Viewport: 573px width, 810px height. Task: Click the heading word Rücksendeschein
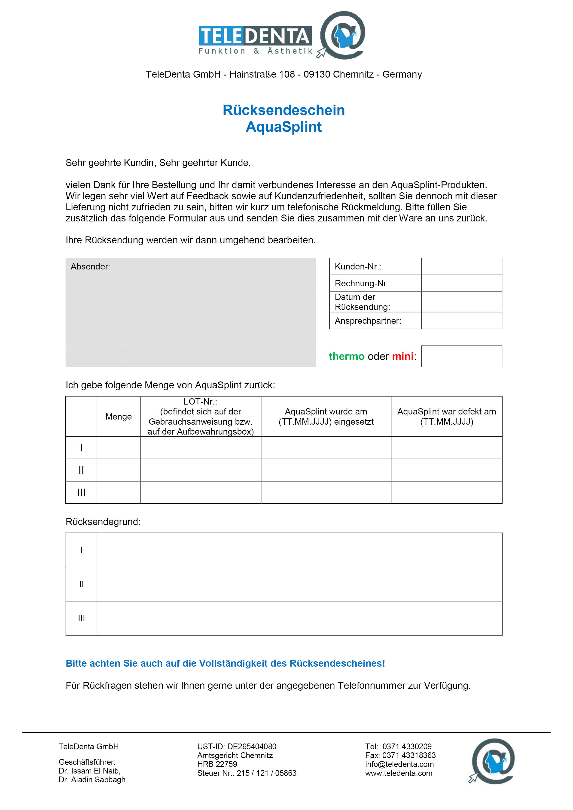click(x=283, y=110)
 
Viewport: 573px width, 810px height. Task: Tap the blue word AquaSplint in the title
click(x=283, y=127)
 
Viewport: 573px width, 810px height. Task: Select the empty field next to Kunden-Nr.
click(x=461, y=266)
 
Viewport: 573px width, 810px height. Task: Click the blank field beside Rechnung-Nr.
click(x=461, y=283)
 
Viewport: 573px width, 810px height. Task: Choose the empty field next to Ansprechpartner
click(x=461, y=321)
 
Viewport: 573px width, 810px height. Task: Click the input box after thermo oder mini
click(x=461, y=356)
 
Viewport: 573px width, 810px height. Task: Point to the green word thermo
click(x=346, y=356)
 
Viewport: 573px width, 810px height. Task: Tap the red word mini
click(x=402, y=356)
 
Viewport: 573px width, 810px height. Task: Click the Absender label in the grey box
click(x=90, y=267)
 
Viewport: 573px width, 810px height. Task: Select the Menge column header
click(x=118, y=417)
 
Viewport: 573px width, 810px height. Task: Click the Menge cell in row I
click(x=118, y=448)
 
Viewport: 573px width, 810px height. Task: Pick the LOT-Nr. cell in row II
click(x=201, y=470)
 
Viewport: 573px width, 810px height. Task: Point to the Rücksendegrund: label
click(x=103, y=522)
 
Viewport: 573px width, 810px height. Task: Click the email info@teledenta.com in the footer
click(x=399, y=764)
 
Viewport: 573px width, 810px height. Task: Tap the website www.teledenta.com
click(x=399, y=773)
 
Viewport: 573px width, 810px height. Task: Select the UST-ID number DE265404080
click(x=252, y=747)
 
